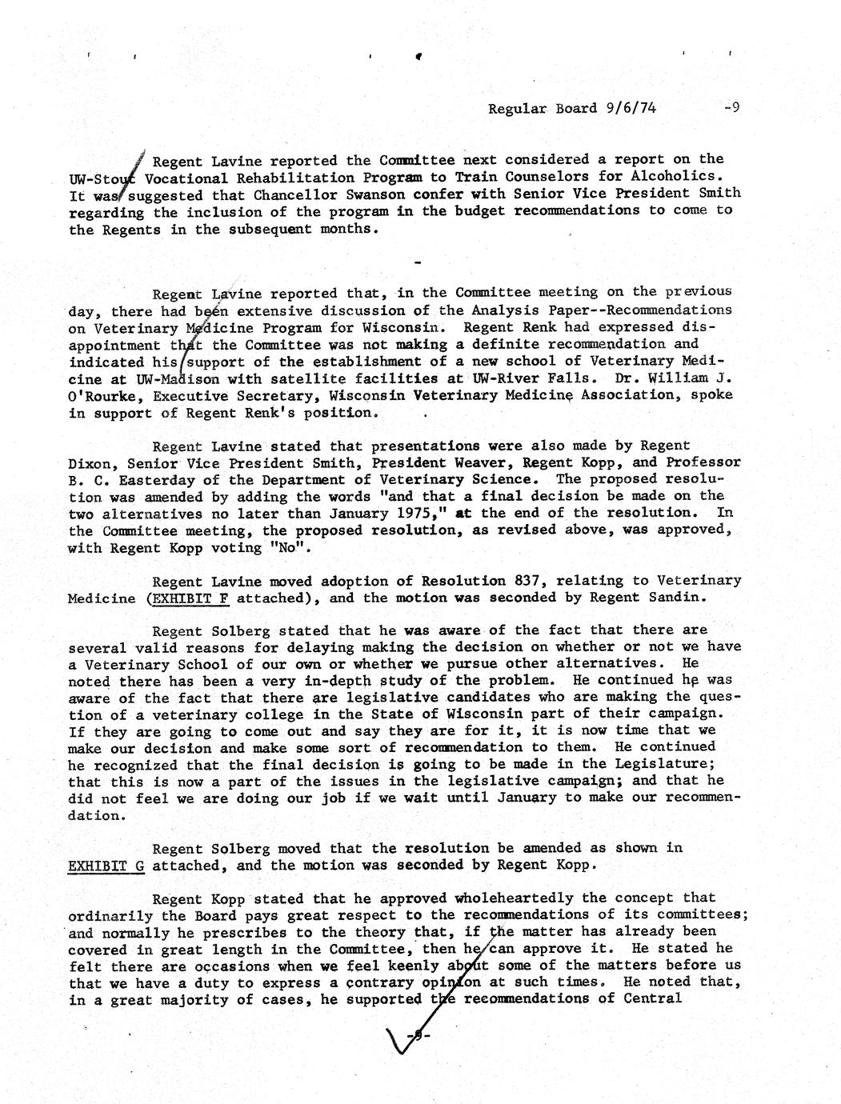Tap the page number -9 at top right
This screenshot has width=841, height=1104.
click(730, 107)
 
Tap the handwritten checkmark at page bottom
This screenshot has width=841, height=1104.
click(404, 1041)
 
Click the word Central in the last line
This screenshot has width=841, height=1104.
click(652, 998)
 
